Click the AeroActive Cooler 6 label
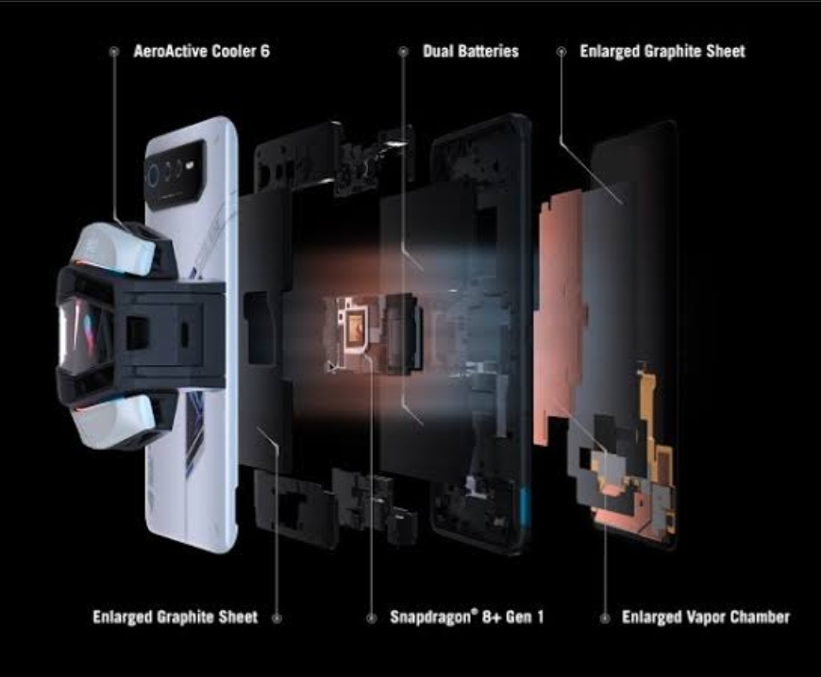[202, 51]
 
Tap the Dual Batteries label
[471, 51]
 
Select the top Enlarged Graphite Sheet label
[662, 51]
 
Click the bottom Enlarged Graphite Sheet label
[176, 617]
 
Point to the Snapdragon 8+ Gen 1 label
[467, 617]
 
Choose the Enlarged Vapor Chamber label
[706, 618]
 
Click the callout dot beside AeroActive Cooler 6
[113, 52]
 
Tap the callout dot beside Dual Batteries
[403, 51]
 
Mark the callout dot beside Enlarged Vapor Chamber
[605, 619]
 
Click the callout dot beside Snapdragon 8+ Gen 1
[371, 619]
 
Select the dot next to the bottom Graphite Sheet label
[277, 619]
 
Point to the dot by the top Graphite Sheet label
[561, 51]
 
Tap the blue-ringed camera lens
[154, 174]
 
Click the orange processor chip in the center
[355, 323]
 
